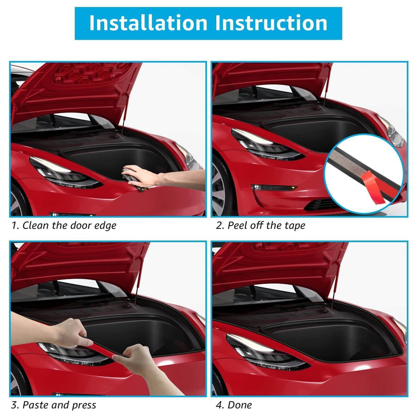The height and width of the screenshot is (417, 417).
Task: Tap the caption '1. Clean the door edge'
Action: coord(64,226)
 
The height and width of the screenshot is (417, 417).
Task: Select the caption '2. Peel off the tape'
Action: coord(261,226)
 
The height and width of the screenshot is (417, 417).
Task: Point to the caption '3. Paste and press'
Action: coord(54,405)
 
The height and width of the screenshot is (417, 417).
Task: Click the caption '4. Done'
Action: coord(234,405)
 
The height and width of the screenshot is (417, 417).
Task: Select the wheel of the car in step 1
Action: coord(19,200)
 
